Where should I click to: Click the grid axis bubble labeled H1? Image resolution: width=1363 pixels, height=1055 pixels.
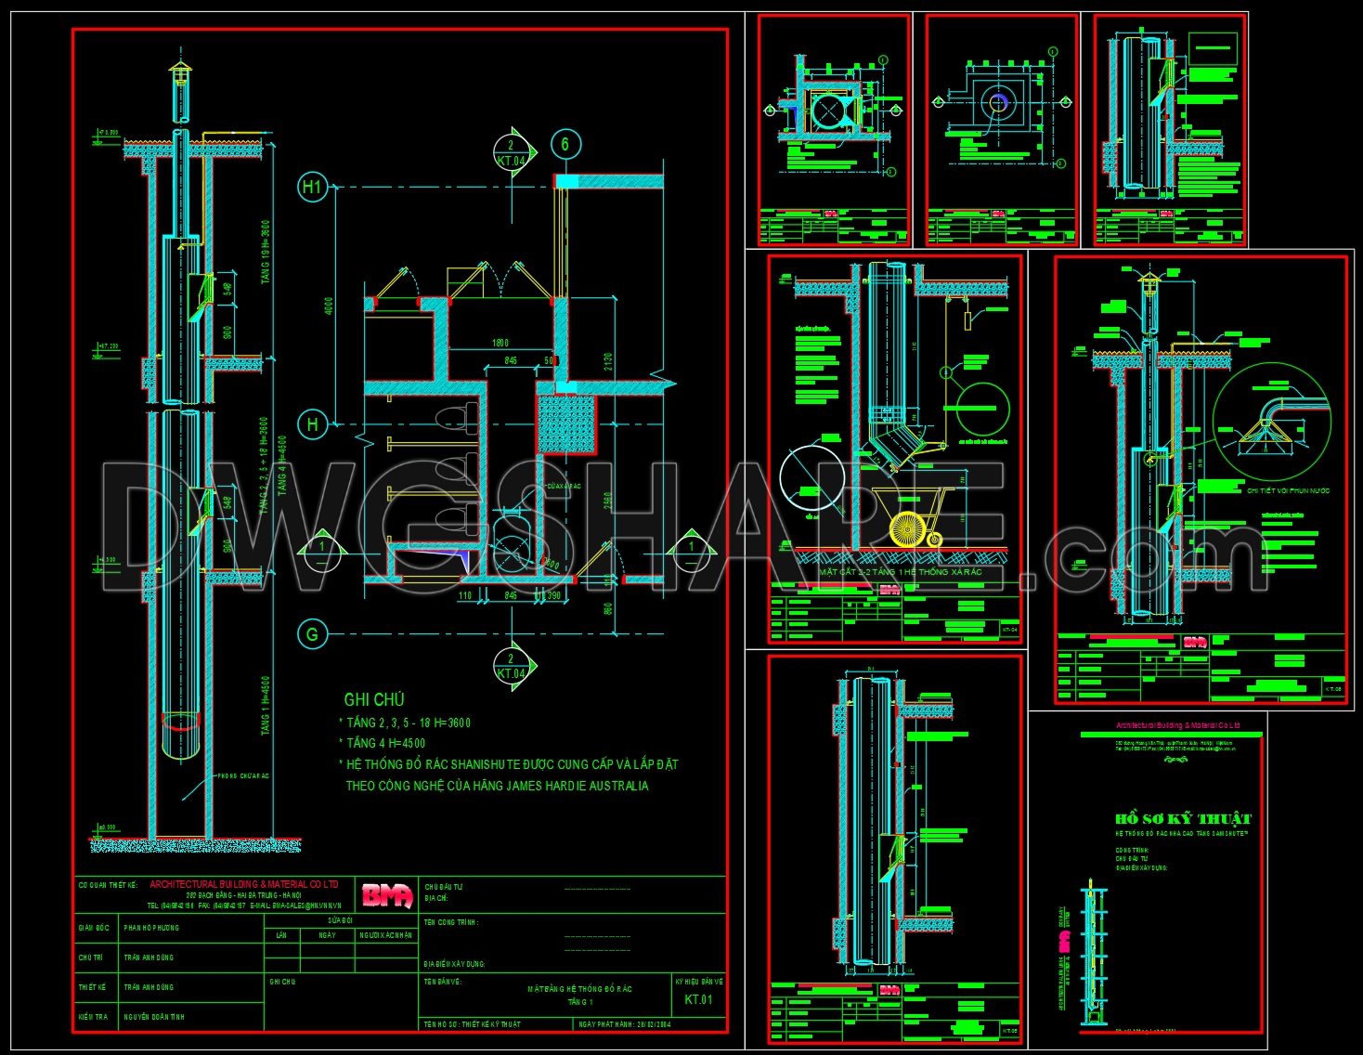312,187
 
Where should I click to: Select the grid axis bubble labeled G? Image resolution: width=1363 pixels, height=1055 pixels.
312,634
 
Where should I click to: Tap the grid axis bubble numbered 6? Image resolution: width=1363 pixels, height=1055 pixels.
565,144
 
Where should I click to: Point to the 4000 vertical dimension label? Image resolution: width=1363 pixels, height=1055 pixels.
329,306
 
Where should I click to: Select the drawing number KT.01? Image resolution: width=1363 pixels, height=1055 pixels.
698,1000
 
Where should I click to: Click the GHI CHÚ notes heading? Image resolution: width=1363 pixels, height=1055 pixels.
374,700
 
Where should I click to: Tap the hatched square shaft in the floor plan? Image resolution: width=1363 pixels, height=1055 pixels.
566,423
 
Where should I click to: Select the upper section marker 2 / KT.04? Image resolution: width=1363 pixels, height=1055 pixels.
512,152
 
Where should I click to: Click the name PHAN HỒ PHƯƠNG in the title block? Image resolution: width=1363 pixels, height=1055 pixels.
151,928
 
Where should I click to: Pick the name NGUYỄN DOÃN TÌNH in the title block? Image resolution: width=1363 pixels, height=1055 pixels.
153,1017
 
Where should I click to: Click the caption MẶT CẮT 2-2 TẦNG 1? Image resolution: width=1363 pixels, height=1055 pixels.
899,572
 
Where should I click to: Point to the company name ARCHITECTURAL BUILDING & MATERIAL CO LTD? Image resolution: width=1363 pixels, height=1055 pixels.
243,884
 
